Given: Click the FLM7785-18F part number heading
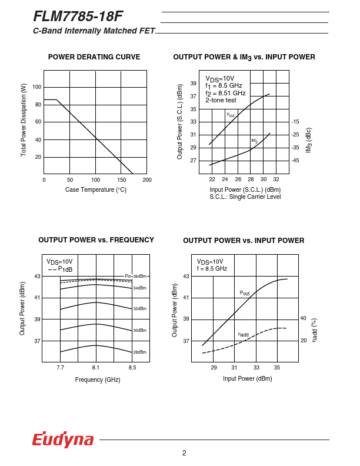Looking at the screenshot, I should pos(78,16).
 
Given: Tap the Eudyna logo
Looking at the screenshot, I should pos(63,439).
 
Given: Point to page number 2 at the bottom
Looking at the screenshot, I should pos(184,452).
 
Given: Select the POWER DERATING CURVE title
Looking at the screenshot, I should pos(94,57).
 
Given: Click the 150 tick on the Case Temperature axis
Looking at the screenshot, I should pos(122,179).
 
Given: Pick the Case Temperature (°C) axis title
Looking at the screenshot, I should pos(96,189).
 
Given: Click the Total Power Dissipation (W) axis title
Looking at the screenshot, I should pos(24,119).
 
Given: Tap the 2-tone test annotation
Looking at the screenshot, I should pos(221,100).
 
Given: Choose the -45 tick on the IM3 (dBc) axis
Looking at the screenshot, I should pos(295,160).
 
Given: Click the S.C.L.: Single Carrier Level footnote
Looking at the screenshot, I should pos(245,197).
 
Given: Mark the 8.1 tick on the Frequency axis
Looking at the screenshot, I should pos(96,367).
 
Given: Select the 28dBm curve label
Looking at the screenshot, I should pos(139,352).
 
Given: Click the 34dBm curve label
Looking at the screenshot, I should pos(139,288).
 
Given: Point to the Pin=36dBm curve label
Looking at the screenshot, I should pos(135,276).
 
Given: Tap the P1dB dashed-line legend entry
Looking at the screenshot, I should pos(61,269).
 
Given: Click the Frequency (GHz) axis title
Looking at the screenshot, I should pos(98,380).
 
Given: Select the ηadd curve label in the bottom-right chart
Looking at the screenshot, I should pos(243,334).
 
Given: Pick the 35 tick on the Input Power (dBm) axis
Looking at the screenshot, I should pos(277,367).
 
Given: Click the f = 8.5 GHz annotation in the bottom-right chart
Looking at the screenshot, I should pos(212,268).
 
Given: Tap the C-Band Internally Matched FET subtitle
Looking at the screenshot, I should pos(94,31).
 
